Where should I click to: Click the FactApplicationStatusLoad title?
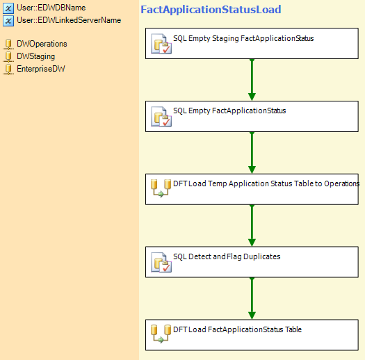(211, 10)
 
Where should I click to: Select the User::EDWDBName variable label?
(51, 8)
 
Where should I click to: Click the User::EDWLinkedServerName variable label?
(69, 20)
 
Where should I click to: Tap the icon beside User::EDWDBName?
(8, 8)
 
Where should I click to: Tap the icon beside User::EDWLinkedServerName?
(8, 21)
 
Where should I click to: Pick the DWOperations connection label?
(42, 44)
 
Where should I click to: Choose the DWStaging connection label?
(36, 56)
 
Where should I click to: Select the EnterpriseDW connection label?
(41, 69)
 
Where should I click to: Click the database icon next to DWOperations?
(8, 44)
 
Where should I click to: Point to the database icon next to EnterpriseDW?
(8, 69)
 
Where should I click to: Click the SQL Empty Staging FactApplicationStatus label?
(243, 38)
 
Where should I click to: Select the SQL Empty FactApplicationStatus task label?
(229, 111)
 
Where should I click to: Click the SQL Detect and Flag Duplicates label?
(227, 256)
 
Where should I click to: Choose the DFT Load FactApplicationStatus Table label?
(238, 329)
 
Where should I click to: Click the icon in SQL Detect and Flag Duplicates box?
(161, 263)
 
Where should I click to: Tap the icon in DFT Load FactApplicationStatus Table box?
(161, 334)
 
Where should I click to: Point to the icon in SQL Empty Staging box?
(161, 44)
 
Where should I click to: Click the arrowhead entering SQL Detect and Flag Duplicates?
(252, 243)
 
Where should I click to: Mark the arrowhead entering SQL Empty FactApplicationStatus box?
(252, 97)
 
